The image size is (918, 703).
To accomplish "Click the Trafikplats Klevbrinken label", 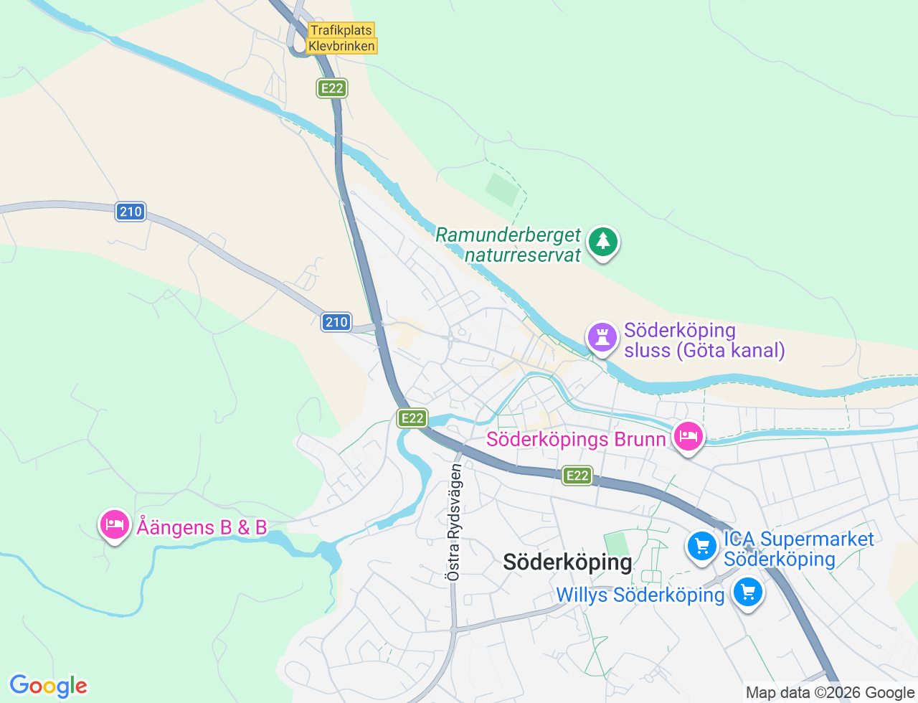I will click(341, 38).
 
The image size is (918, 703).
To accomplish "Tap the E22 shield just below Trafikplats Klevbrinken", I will click(332, 88).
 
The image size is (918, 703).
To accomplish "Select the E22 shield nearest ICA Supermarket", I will click(577, 475).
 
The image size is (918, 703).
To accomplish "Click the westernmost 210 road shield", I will click(131, 211).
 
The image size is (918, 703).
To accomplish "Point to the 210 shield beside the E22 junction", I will click(336, 322).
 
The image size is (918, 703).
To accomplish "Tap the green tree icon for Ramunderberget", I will click(603, 242).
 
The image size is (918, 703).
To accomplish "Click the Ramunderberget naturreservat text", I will click(508, 245).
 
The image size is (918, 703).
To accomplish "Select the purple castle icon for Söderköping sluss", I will click(602, 336).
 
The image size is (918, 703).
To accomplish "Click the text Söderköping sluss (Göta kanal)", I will click(704, 340).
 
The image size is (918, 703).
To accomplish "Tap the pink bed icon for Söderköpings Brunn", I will click(688, 435).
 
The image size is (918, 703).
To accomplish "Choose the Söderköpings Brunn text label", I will click(576, 439).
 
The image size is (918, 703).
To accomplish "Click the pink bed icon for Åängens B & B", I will click(115, 525).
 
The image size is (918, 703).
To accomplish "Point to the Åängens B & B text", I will click(202, 527).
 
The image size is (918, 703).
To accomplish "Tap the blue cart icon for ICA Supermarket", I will click(702, 547).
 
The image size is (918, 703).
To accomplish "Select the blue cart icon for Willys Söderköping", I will click(748, 593).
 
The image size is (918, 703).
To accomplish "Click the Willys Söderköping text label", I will click(640, 595).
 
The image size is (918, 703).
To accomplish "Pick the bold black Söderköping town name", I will click(567, 562).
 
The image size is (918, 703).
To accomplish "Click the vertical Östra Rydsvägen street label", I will click(454, 522).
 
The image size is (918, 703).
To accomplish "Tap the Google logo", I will click(48, 686).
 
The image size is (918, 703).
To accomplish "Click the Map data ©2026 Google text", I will click(830, 692).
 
